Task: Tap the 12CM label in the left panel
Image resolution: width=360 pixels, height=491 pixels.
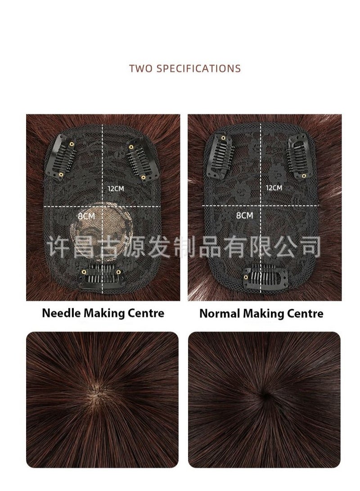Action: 116,188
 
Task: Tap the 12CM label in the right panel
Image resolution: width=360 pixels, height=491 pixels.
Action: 274,187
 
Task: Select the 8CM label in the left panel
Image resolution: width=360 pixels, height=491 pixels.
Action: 86,216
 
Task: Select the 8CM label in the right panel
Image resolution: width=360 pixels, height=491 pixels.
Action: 244,215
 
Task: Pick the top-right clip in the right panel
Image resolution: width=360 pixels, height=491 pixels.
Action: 297,155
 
